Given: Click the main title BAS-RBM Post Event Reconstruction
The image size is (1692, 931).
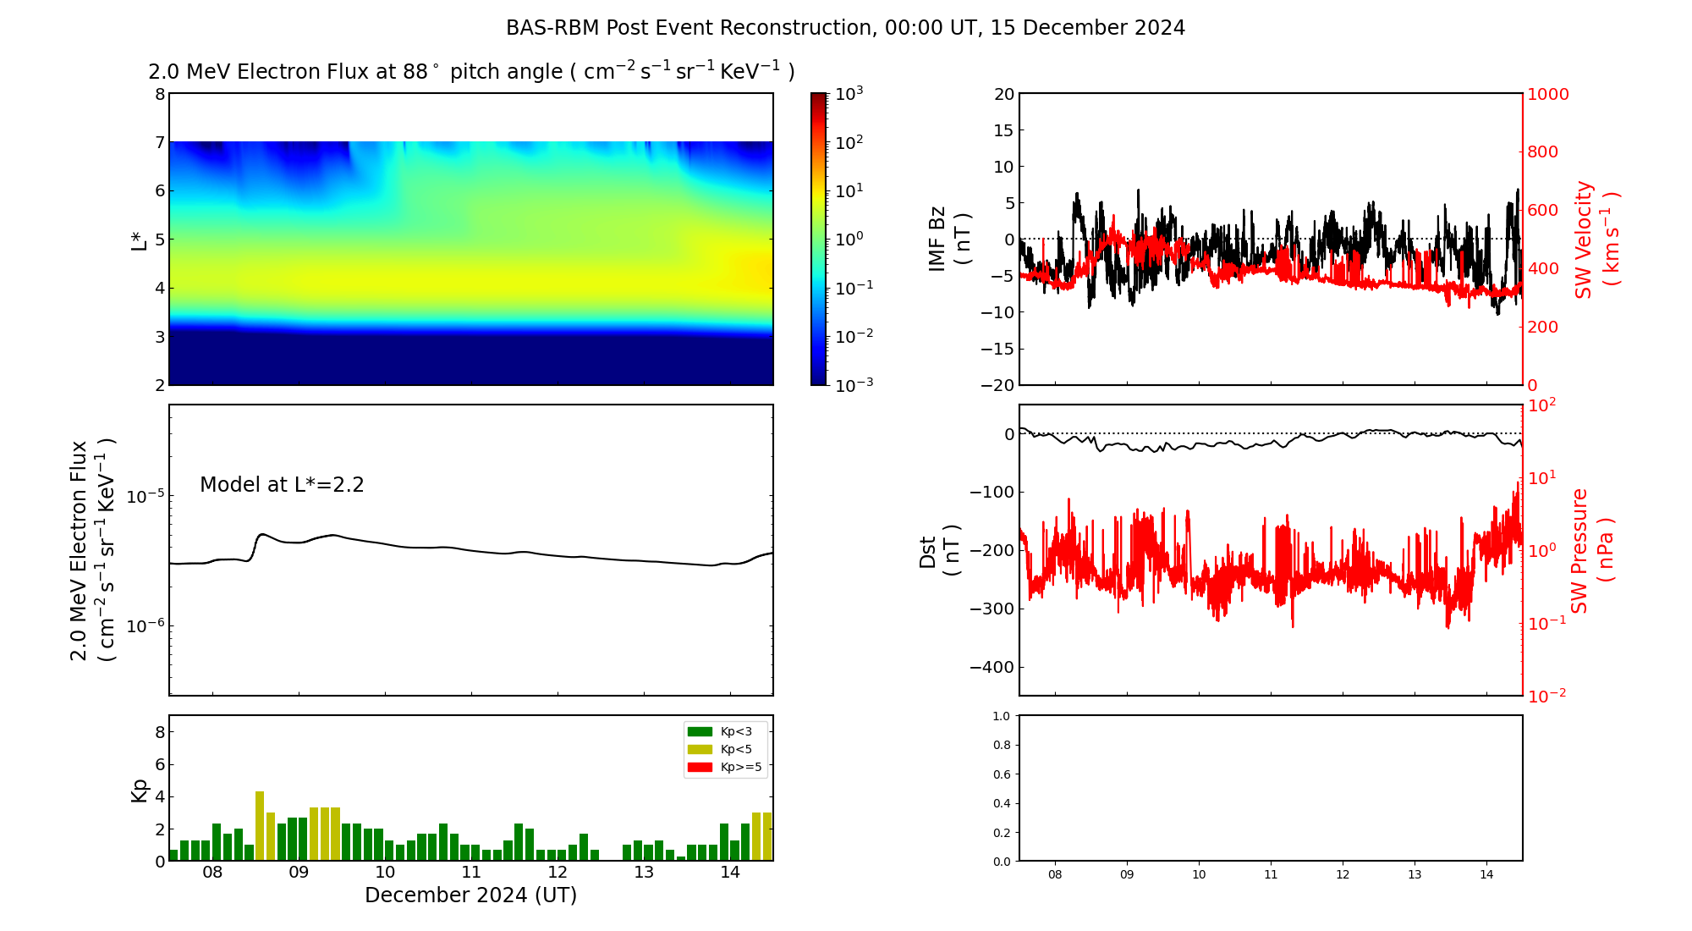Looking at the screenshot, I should point(845,28).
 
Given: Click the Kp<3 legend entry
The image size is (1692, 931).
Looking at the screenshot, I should point(726,731).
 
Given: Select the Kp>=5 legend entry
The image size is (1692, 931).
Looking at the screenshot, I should point(726,768).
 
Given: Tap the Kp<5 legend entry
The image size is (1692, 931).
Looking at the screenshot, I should point(726,749).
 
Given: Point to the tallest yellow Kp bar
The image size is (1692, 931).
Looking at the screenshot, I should point(260,826).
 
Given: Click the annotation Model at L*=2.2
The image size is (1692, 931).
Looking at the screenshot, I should point(282,485).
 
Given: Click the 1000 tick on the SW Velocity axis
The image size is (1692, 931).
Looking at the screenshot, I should point(1547,94).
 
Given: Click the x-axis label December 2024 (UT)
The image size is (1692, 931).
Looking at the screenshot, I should point(470,895).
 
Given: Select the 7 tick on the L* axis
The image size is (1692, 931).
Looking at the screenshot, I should point(159,142).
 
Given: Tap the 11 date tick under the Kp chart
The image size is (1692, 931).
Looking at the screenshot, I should point(471,873).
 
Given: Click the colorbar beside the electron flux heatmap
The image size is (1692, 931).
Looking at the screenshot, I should point(818,239).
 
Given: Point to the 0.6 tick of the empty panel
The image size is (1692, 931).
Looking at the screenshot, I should point(1001,774).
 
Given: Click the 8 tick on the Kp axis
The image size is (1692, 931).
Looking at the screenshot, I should point(159,732).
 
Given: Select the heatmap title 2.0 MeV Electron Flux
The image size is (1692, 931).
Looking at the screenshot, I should point(471,72).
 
